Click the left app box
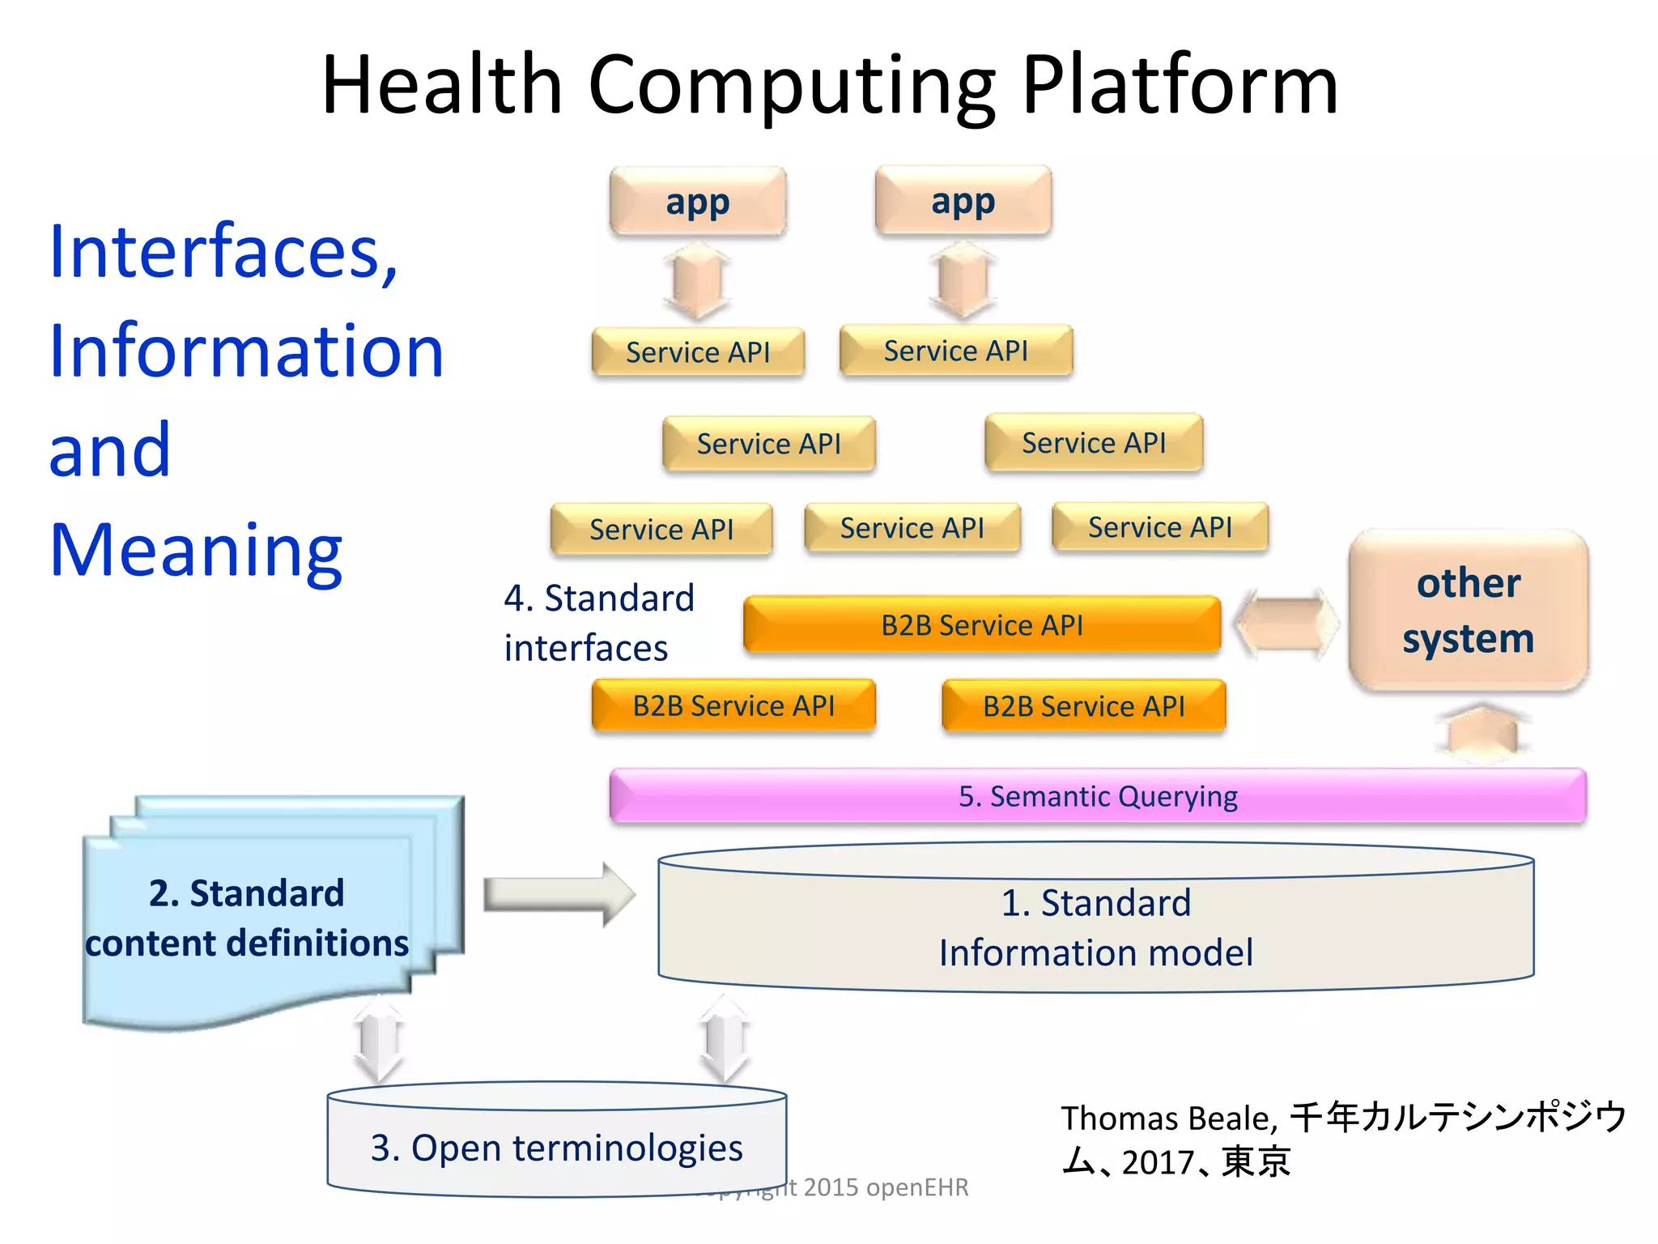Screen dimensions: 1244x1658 tap(698, 202)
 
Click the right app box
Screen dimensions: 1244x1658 tap(963, 201)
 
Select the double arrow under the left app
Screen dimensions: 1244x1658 tap(697, 283)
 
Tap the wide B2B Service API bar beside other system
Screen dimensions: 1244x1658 tap(981, 625)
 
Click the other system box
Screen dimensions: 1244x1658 tap(1468, 611)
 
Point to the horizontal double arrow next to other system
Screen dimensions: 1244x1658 tap(1286, 624)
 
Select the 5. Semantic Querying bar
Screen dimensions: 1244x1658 tap(1097, 796)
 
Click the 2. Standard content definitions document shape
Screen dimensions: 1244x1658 tap(247, 918)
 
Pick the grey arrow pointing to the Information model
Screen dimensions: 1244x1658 tap(559, 895)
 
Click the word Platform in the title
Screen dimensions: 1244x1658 tap(1179, 85)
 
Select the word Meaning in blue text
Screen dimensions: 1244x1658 tap(196, 550)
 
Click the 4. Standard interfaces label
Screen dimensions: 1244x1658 tap(599, 623)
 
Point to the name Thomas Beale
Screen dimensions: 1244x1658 tap(1168, 1118)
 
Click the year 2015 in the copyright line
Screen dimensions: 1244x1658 tap(831, 1187)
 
